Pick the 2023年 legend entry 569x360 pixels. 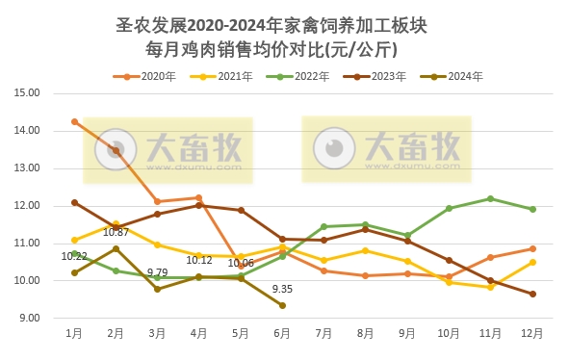pyautogui.click(x=382, y=76)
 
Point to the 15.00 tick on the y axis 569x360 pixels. pyautogui.click(x=27, y=93)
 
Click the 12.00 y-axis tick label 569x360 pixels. pyautogui.click(x=27, y=206)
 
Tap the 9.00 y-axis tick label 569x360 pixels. pyautogui.click(x=29, y=319)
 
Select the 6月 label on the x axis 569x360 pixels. pyautogui.click(x=282, y=333)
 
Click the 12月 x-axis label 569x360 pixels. pyautogui.click(x=531, y=333)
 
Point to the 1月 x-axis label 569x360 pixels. pyautogui.click(x=74, y=333)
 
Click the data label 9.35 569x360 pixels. pyautogui.click(x=283, y=289)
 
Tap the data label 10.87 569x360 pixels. pyautogui.click(x=116, y=232)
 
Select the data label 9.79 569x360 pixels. pyautogui.click(x=157, y=272)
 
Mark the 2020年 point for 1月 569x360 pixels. pyautogui.click(x=74, y=121)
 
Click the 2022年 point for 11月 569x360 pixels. pyautogui.click(x=490, y=198)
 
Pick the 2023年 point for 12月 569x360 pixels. pyautogui.click(x=531, y=294)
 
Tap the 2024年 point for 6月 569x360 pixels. pyautogui.click(x=282, y=305)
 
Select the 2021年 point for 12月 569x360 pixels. pyautogui.click(x=531, y=262)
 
